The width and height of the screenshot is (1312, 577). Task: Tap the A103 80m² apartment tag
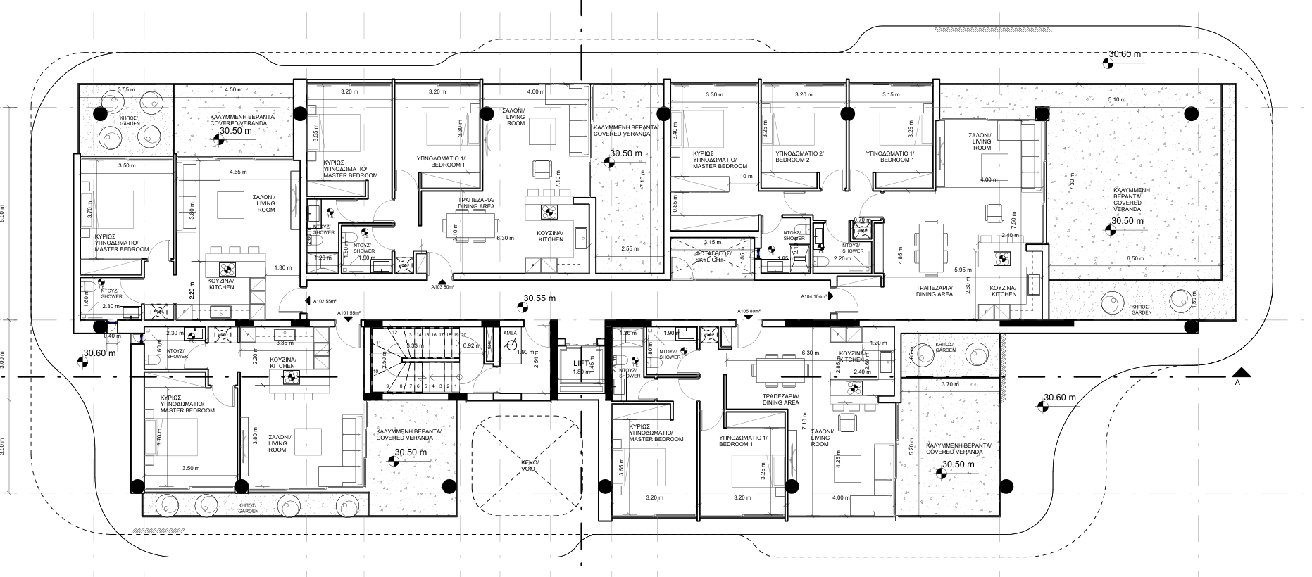click(442, 287)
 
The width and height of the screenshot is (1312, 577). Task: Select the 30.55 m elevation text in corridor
click(539, 298)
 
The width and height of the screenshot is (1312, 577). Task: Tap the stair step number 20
click(465, 334)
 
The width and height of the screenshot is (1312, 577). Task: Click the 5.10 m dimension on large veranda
click(1117, 99)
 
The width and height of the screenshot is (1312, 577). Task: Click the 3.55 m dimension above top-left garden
click(126, 89)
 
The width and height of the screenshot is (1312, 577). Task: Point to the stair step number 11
click(378, 343)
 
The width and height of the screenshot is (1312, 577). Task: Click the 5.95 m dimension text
click(963, 270)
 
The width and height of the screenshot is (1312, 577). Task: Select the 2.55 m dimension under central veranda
click(630, 248)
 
